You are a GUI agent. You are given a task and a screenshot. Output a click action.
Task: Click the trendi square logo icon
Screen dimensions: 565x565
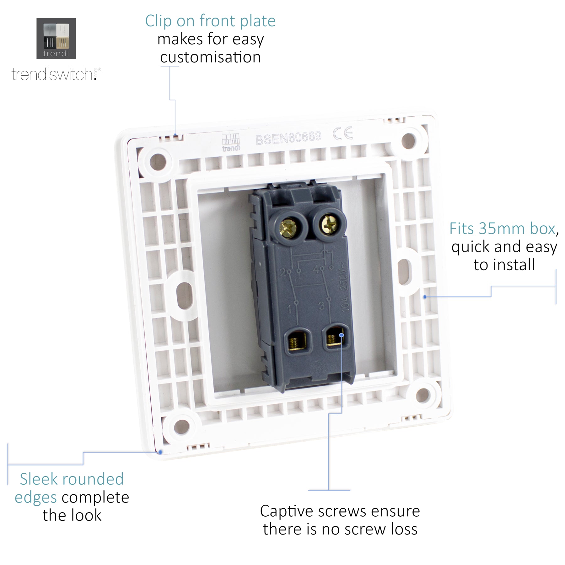point(56,38)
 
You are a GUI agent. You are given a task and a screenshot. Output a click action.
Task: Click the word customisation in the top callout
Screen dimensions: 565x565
point(210,57)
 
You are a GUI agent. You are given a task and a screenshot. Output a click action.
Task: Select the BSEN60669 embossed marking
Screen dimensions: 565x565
point(288,138)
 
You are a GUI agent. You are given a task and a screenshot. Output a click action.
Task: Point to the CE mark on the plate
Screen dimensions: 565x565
point(343,133)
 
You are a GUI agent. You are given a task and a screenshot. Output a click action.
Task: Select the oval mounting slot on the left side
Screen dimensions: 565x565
point(184,295)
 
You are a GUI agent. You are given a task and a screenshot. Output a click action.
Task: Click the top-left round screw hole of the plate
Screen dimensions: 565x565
point(158,162)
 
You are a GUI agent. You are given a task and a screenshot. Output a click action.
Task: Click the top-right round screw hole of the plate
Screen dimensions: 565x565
point(409,141)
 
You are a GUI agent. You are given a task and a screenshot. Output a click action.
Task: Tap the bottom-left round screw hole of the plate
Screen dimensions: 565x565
point(182,427)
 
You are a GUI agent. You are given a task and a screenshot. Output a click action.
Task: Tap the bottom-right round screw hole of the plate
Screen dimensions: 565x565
point(423,395)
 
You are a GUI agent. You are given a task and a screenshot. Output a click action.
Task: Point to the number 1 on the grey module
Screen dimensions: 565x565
point(289,308)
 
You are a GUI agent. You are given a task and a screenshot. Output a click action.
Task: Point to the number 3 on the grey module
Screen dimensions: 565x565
point(321,305)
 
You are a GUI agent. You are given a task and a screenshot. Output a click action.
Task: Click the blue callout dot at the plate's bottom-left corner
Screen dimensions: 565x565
point(160,452)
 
